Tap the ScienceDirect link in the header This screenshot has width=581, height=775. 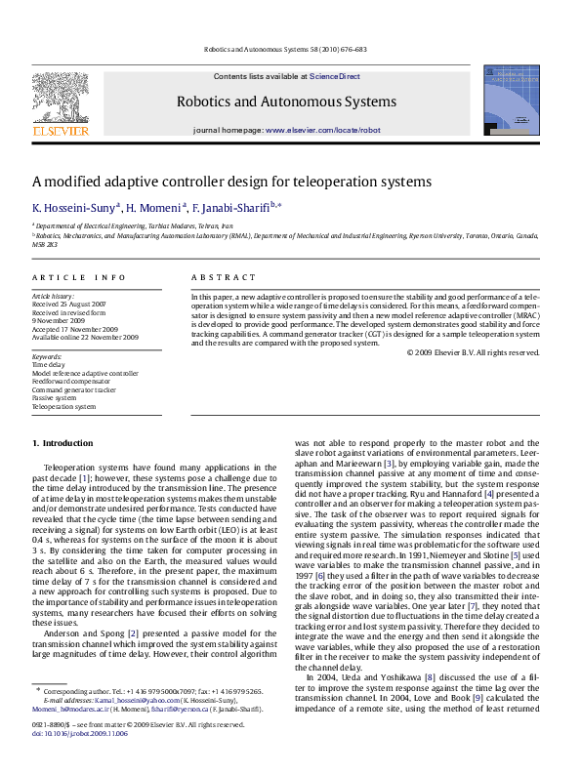pyautogui.click(x=335, y=76)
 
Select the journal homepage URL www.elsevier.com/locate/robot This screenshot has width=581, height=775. pyautogui.click(x=322, y=130)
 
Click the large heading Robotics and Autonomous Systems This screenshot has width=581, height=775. pyautogui.click(x=286, y=102)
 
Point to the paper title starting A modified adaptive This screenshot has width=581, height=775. pyautogui.click(x=231, y=182)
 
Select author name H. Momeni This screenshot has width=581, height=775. pyautogui.click(x=154, y=208)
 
